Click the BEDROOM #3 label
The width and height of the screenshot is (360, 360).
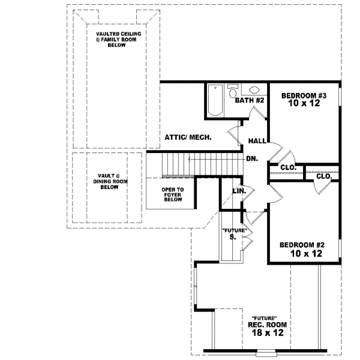304,95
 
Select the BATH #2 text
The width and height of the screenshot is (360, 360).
250,100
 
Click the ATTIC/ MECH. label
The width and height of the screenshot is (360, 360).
188,137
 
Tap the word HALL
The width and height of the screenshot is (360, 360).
257,141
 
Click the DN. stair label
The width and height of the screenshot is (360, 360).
252,158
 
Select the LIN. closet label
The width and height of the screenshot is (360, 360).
239,191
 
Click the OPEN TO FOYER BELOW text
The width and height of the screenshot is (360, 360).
172,194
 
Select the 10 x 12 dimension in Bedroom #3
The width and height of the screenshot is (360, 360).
304,104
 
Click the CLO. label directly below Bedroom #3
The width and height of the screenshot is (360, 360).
288,167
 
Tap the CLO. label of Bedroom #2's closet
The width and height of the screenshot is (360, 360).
324,176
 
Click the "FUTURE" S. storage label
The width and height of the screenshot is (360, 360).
232,234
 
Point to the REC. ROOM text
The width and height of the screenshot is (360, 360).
266,324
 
